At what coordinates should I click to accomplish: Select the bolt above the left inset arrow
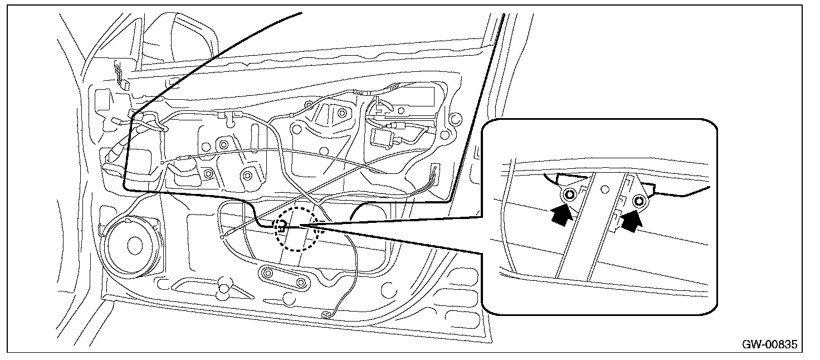coord(569,195)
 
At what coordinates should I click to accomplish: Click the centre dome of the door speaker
coord(134,244)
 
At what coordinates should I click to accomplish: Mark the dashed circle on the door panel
coord(297,229)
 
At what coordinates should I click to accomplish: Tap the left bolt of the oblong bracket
coord(269,274)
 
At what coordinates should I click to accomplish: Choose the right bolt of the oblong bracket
coord(301,283)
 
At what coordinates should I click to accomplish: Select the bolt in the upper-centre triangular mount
coord(341,113)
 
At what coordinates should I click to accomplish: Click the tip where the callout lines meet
coord(301,226)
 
